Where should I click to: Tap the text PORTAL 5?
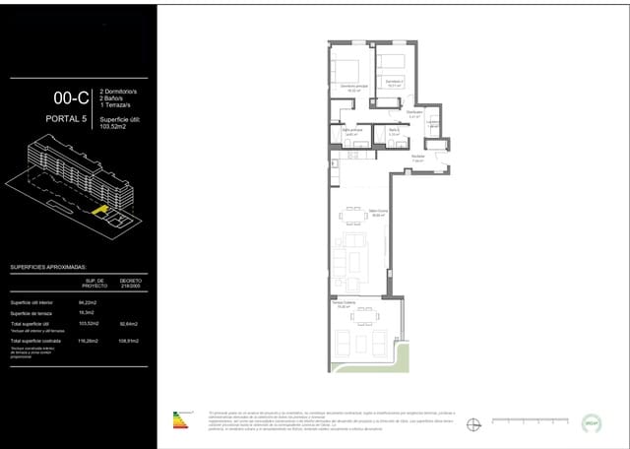tap(67, 120)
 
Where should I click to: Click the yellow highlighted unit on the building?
tap(98, 209)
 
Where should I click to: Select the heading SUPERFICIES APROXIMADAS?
tap(49, 267)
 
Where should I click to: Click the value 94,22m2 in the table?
tap(86, 302)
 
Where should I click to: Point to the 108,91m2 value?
tap(130, 340)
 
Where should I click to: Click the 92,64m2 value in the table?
tap(129, 323)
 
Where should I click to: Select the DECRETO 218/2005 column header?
tap(131, 282)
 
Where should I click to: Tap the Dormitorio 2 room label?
tap(393, 82)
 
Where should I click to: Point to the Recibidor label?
tap(417, 156)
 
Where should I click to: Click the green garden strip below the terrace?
tap(366, 369)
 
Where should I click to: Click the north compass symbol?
tap(473, 423)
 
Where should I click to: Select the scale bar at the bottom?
tap(518, 422)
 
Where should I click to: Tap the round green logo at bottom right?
tap(592, 420)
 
